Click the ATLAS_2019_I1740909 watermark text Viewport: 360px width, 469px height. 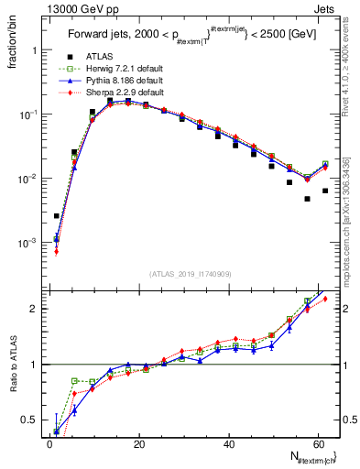tap(190, 275)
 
